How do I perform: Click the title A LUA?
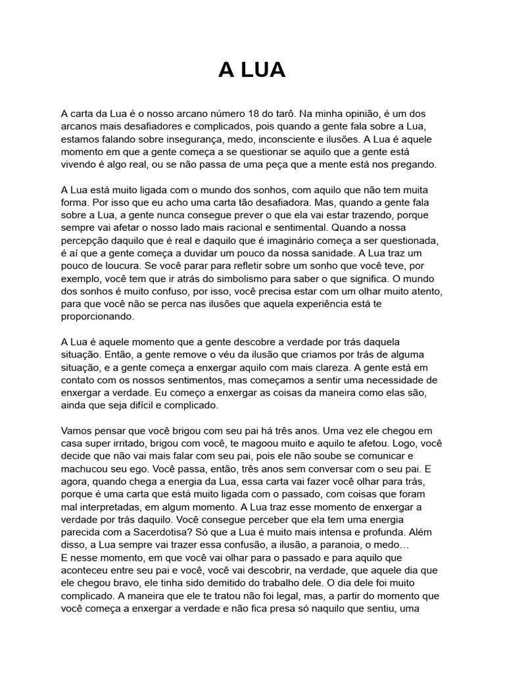pyautogui.click(x=252, y=70)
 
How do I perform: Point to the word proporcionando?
pyautogui.click(x=97, y=316)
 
